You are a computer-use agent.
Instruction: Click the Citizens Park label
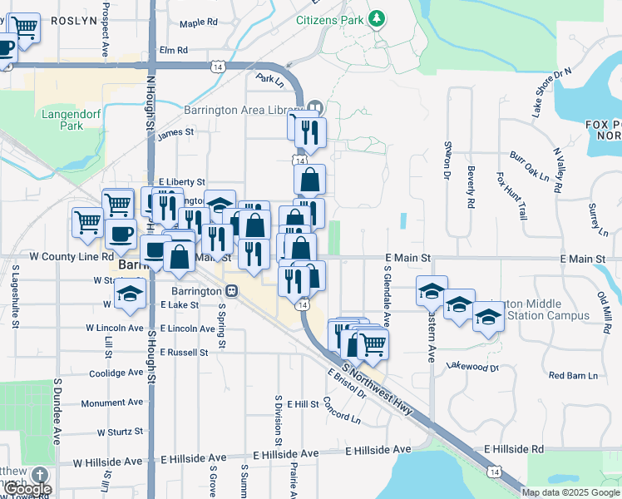click(x=330, y=18)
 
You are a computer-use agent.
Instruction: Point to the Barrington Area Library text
click(x=259, y=110)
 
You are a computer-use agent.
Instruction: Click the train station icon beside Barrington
click(x=230, y=291)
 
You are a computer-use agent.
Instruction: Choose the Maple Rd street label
click(x=198, y=22)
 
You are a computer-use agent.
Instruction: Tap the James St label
click(x=175, y=131)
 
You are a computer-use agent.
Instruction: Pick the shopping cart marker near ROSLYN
click(x=25, y=29)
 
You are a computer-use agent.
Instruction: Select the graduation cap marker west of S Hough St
click(x=131, y=294)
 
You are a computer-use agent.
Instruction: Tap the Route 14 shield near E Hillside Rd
click(x=495, y=472)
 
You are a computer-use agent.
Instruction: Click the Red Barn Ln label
click(x=573, y=376)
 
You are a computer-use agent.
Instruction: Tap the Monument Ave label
click(x=112, y=403)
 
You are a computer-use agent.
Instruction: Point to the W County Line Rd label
click(x=71, y=257)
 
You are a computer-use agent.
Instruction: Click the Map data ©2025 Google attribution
click(x=570, y=492)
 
